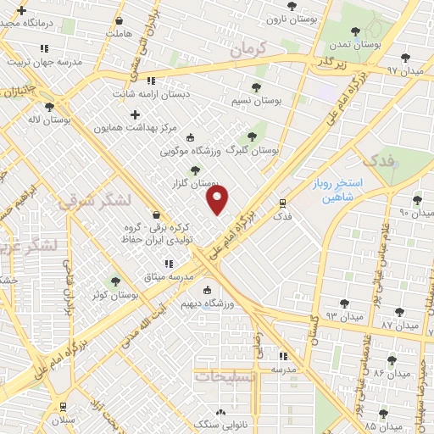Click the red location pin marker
click(218, 198)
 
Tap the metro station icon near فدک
click(283, 203)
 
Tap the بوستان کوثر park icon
click(115, 281)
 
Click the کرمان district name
click(248, 51)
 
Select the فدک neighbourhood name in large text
click(377, 160)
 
